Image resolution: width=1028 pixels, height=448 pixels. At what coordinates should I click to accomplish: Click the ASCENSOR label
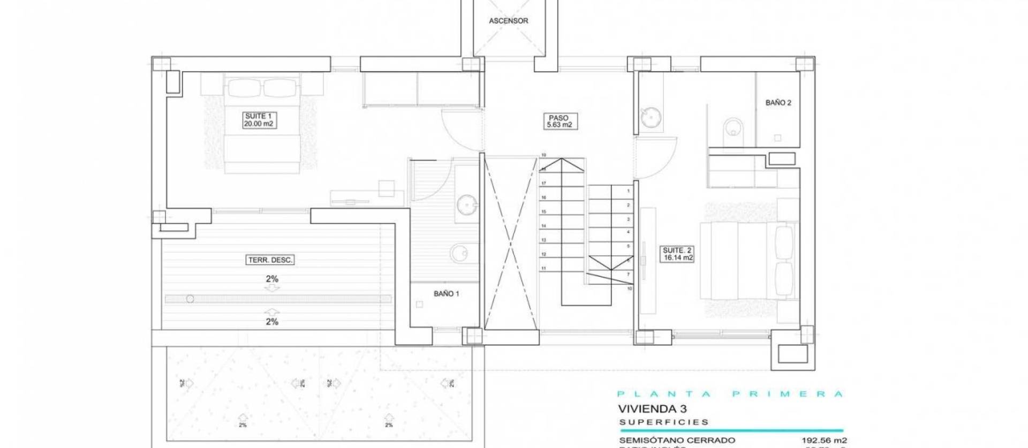click(x=508, y=21)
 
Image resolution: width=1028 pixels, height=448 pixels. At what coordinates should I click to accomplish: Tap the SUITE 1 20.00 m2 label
click(x=259, y=120)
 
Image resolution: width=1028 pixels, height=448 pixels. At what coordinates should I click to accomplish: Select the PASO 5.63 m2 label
click(x=558, y=122)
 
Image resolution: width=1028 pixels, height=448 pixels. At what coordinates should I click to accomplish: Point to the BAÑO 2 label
click(x=778, y=103)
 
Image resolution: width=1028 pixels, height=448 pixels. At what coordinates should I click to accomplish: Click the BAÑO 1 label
click(x=446, y=294)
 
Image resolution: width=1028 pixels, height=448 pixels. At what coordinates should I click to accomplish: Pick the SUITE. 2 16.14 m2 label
click(x=677, y=254)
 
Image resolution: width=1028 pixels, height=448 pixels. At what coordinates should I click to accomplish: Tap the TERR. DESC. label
click(x=270, y=260)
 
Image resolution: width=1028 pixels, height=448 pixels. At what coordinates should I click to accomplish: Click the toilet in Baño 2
click(x=731, y=128)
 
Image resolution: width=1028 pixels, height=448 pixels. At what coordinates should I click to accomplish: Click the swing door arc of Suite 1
click(x=458, y=131)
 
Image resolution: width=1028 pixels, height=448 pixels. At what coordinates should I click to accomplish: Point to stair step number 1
click(x=628, y=191)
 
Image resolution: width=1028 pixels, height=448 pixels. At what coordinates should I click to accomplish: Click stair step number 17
click(x=543, y=184)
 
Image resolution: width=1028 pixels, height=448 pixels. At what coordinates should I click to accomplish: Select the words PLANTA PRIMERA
click(x=730, y=394)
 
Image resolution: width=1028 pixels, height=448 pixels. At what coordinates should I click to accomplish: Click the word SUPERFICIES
click(x=664, y=422)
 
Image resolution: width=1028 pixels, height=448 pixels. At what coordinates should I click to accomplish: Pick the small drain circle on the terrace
click(x=190, y=299)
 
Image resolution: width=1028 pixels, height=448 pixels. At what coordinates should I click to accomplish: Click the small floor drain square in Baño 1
click(x=420, y=305)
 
